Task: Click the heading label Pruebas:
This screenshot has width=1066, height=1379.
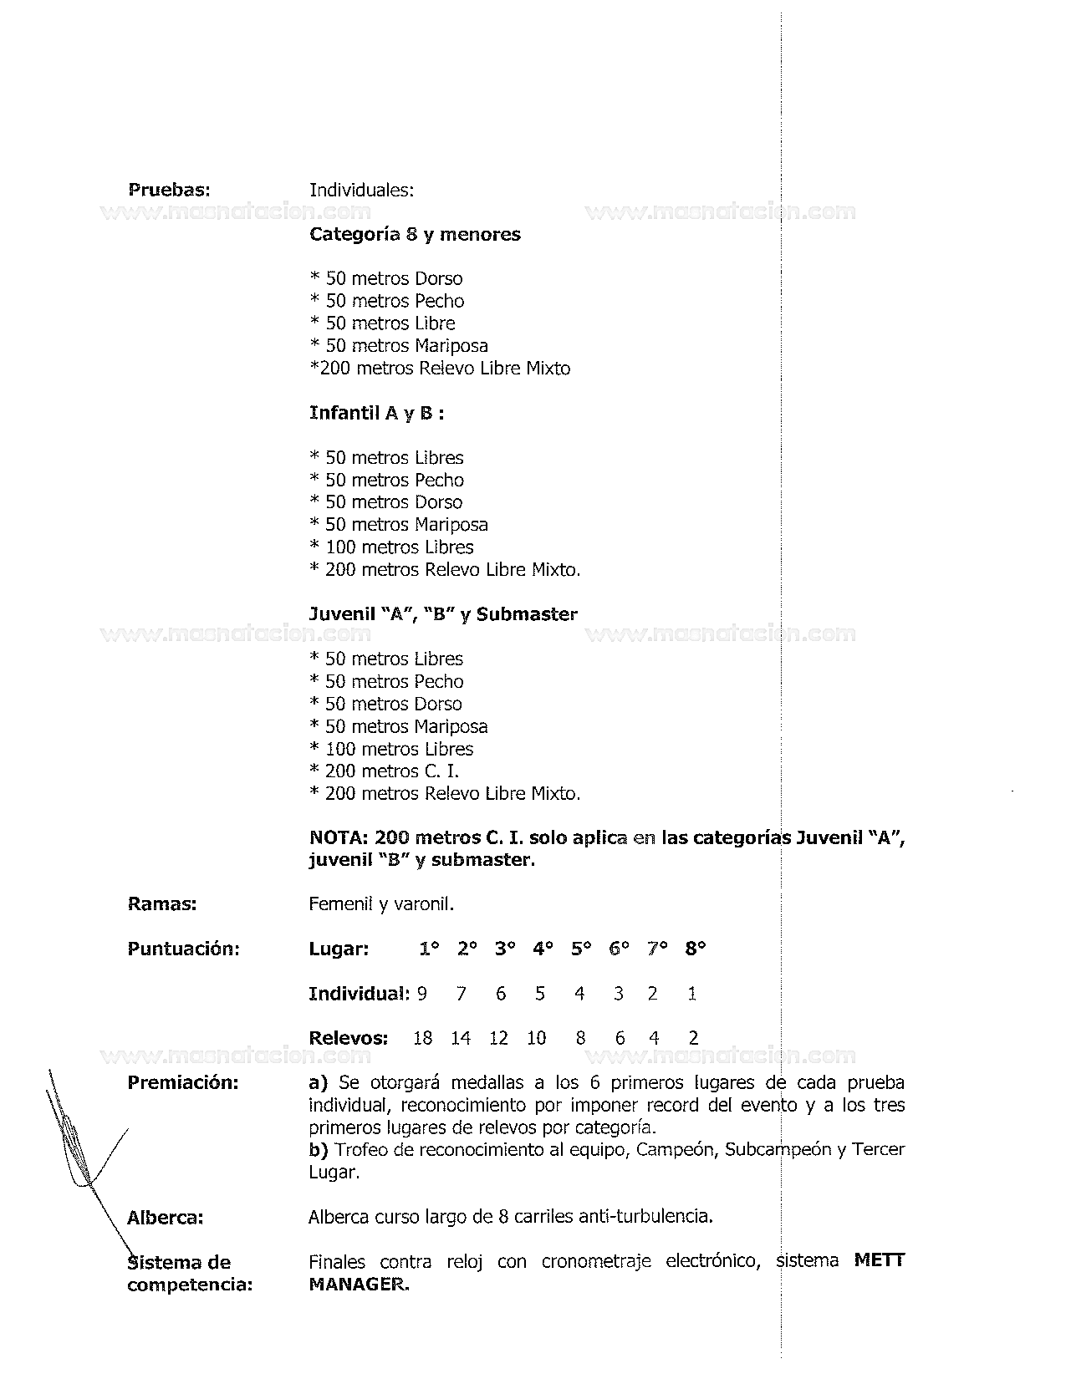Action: [x=168, y=190]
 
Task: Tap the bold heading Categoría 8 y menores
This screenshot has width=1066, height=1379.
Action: [x=415, y=235]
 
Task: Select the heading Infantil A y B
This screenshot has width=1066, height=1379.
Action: [x=375, y=414]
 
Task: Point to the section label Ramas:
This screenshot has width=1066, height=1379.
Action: [x=161, y=904]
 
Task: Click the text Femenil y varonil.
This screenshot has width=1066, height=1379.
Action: [x=381, y=904]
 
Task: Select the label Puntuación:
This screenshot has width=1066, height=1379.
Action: [x=183, y=949]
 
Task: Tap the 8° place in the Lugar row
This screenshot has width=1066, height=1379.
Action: [x=696, y=949]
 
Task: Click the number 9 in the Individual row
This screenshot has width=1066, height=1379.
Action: [x=422, y=994]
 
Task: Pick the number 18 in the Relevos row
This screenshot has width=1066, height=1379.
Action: [x=423, y=1039]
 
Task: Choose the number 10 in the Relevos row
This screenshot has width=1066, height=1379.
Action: [x=536, y=1039]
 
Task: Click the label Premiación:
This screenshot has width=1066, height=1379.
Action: [x=182, y=1083]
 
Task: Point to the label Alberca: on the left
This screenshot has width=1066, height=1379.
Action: [x=165, y=1218]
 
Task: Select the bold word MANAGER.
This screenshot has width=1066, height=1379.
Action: [x=359, y=1284]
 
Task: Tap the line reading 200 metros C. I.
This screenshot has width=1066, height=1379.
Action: [x=385, y=771]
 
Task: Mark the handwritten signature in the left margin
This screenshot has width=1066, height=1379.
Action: [x=79, y=1145]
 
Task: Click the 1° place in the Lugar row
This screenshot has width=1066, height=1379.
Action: [x=429, y=949]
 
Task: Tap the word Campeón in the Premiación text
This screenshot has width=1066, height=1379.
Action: [x=675, y=1150]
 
